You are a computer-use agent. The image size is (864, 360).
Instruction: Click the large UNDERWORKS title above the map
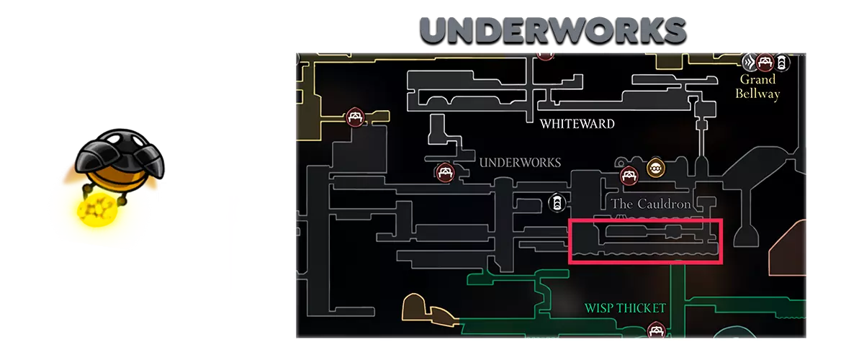(x=553, y=30)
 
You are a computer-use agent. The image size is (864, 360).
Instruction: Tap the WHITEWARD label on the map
(x=577, y=124)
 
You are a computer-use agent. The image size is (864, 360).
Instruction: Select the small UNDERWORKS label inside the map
(x=520, y=163)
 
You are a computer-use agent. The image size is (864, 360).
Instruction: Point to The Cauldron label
(x=651, y=204)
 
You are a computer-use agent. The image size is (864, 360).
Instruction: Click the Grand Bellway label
(x=757, y=86)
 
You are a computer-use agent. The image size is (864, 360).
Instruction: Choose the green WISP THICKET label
(x=625, y=308)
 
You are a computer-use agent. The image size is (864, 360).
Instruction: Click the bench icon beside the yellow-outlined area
(x=355, y=117)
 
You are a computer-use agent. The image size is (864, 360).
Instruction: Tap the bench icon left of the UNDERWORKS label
(x=445, y=172)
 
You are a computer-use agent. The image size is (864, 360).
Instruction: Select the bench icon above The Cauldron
(x=629, y=176)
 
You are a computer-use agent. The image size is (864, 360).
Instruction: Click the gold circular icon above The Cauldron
(x=656, y=168)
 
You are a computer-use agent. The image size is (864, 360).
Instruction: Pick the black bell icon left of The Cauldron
(x=557, y=202)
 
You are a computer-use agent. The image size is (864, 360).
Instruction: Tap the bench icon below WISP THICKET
(x=656, y=330)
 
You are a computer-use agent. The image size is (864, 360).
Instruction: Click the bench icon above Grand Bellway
(x=765, y=62)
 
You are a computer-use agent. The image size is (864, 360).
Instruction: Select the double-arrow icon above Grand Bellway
(x=750, y=62)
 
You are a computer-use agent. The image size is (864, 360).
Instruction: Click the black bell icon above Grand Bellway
(x=781, y=63)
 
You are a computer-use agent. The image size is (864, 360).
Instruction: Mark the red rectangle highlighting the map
(x=645, y=220)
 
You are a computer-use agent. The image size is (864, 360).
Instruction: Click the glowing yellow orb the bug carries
(x=96, y=210)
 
